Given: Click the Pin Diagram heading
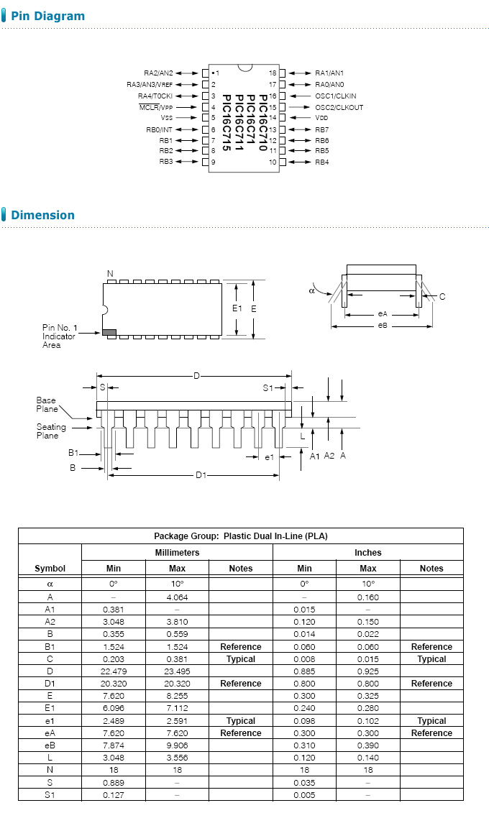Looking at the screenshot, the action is click(47, 16).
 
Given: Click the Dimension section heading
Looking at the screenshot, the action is click(42, 215).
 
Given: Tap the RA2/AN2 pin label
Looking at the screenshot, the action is click(159, 73).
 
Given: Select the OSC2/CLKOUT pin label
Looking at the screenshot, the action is click(339, 107).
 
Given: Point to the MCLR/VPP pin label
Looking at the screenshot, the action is click(156, 107).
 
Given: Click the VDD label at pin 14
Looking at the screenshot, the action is click(321, 118).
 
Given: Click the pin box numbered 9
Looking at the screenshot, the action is click(205, 162).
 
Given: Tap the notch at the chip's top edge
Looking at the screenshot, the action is click(244, 68).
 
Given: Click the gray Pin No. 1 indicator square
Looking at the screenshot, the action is click(109, 332).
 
